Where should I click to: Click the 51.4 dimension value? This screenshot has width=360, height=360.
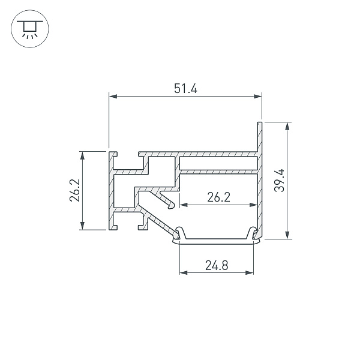[x=186, y=88]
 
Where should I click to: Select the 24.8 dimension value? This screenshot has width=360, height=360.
[x=216, y=265]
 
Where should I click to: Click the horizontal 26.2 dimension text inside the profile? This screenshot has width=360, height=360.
[x=218, y=196]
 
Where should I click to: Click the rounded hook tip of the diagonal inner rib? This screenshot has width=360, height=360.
[x=173, y=206]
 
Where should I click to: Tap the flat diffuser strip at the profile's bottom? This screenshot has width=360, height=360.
[x=216, y=242]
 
